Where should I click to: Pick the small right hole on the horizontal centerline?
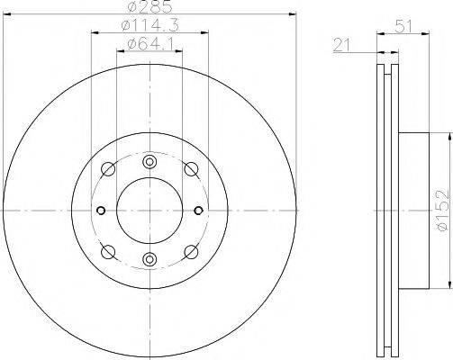(199, 211)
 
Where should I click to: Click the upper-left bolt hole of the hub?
(109, 170)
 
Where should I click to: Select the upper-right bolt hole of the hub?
(191, 170)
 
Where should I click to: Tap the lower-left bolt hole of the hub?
(109, 252)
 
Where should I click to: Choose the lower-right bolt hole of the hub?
(191, 252)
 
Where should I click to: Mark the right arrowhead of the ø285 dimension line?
(293, 14)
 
